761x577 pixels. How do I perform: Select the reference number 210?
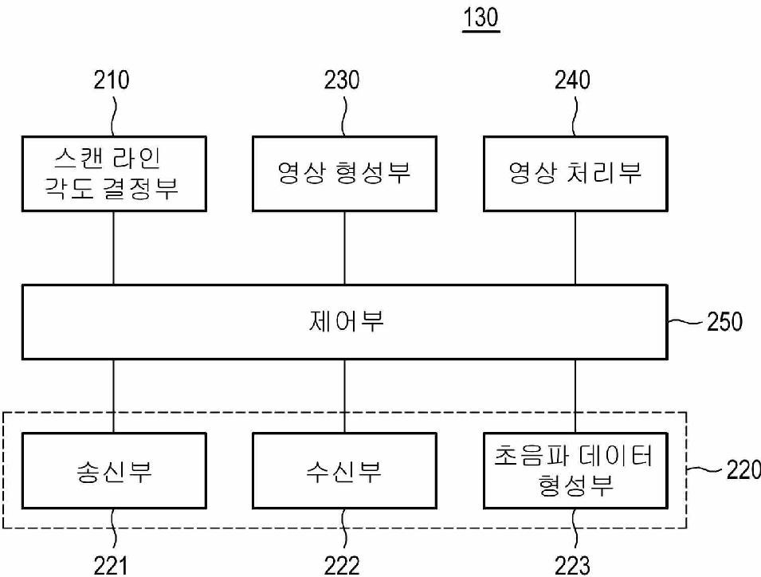tap(112, 81)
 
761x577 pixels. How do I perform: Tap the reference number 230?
tap(342, 81)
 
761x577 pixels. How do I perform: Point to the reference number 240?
tap(573, 81)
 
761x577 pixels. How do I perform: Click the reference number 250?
tap(724, 322)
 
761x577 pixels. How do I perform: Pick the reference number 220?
tap(743, 470)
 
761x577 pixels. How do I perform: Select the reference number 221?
tap(112, 565)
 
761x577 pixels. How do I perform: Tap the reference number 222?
tap(342, 565)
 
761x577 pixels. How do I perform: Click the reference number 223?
tap(573, 565)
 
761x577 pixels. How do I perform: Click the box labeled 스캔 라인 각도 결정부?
tap(112, 173)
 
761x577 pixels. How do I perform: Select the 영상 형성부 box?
tap(343, 173)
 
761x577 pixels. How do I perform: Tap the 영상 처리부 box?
tap(575, 173)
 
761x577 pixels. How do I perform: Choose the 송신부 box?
tap(112, 471)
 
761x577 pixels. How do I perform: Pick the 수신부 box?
tap(343, 471)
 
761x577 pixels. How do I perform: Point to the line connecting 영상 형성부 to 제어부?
tap(343, 248)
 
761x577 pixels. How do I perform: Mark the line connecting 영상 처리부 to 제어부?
tap(575, 248)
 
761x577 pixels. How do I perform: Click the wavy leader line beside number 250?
tap(684, 323)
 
